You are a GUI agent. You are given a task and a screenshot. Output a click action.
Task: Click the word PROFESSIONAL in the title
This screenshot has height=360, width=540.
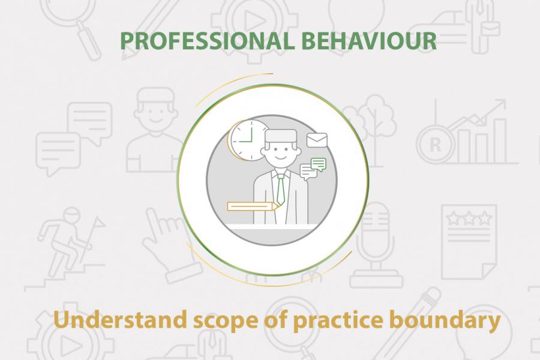click(x=208, y=41)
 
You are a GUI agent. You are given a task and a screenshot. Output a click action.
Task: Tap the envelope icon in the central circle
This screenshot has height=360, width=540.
click(x=317, y=140)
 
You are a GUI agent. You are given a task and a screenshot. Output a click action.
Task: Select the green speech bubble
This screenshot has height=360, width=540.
click(x=318, y=164)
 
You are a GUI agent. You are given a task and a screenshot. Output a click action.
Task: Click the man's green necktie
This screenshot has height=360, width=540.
click(x=281, y=190)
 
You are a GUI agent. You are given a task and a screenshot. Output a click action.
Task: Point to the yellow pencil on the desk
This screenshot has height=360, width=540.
click(x=253, y=206)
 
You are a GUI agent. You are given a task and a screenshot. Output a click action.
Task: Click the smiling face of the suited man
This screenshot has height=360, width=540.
click(x=281, y=152)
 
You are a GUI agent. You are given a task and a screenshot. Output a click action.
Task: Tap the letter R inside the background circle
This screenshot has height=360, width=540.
click(x=436, y=145)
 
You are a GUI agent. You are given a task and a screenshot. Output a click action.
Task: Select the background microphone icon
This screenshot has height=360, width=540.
click(x=376, y=245)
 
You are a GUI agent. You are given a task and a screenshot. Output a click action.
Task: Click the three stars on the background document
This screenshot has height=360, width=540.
click(x=469, y=218)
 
